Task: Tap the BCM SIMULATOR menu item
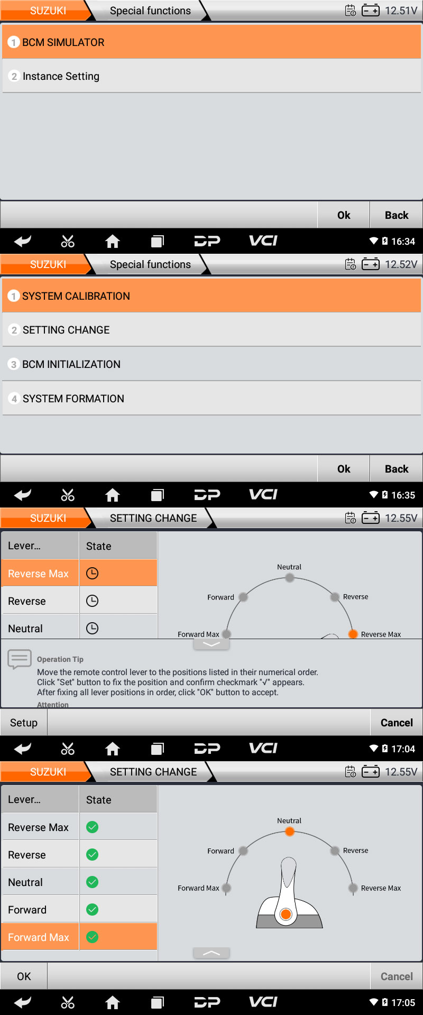212,42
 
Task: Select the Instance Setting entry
212,76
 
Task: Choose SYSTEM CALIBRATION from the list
212,296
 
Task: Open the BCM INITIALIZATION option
212,364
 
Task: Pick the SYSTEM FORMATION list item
212,399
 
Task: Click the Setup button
24,723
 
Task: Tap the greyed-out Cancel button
397,976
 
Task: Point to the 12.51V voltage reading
401,11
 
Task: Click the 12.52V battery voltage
401,264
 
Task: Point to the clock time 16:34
403,242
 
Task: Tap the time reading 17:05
403,1003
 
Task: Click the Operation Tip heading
60,659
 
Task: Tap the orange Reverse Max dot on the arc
353,634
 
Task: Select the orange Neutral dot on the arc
289,832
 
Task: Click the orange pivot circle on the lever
286,914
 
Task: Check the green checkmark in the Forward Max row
92,937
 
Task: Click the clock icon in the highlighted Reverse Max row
92,574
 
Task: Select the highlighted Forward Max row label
39,937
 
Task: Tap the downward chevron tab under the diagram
212,644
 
